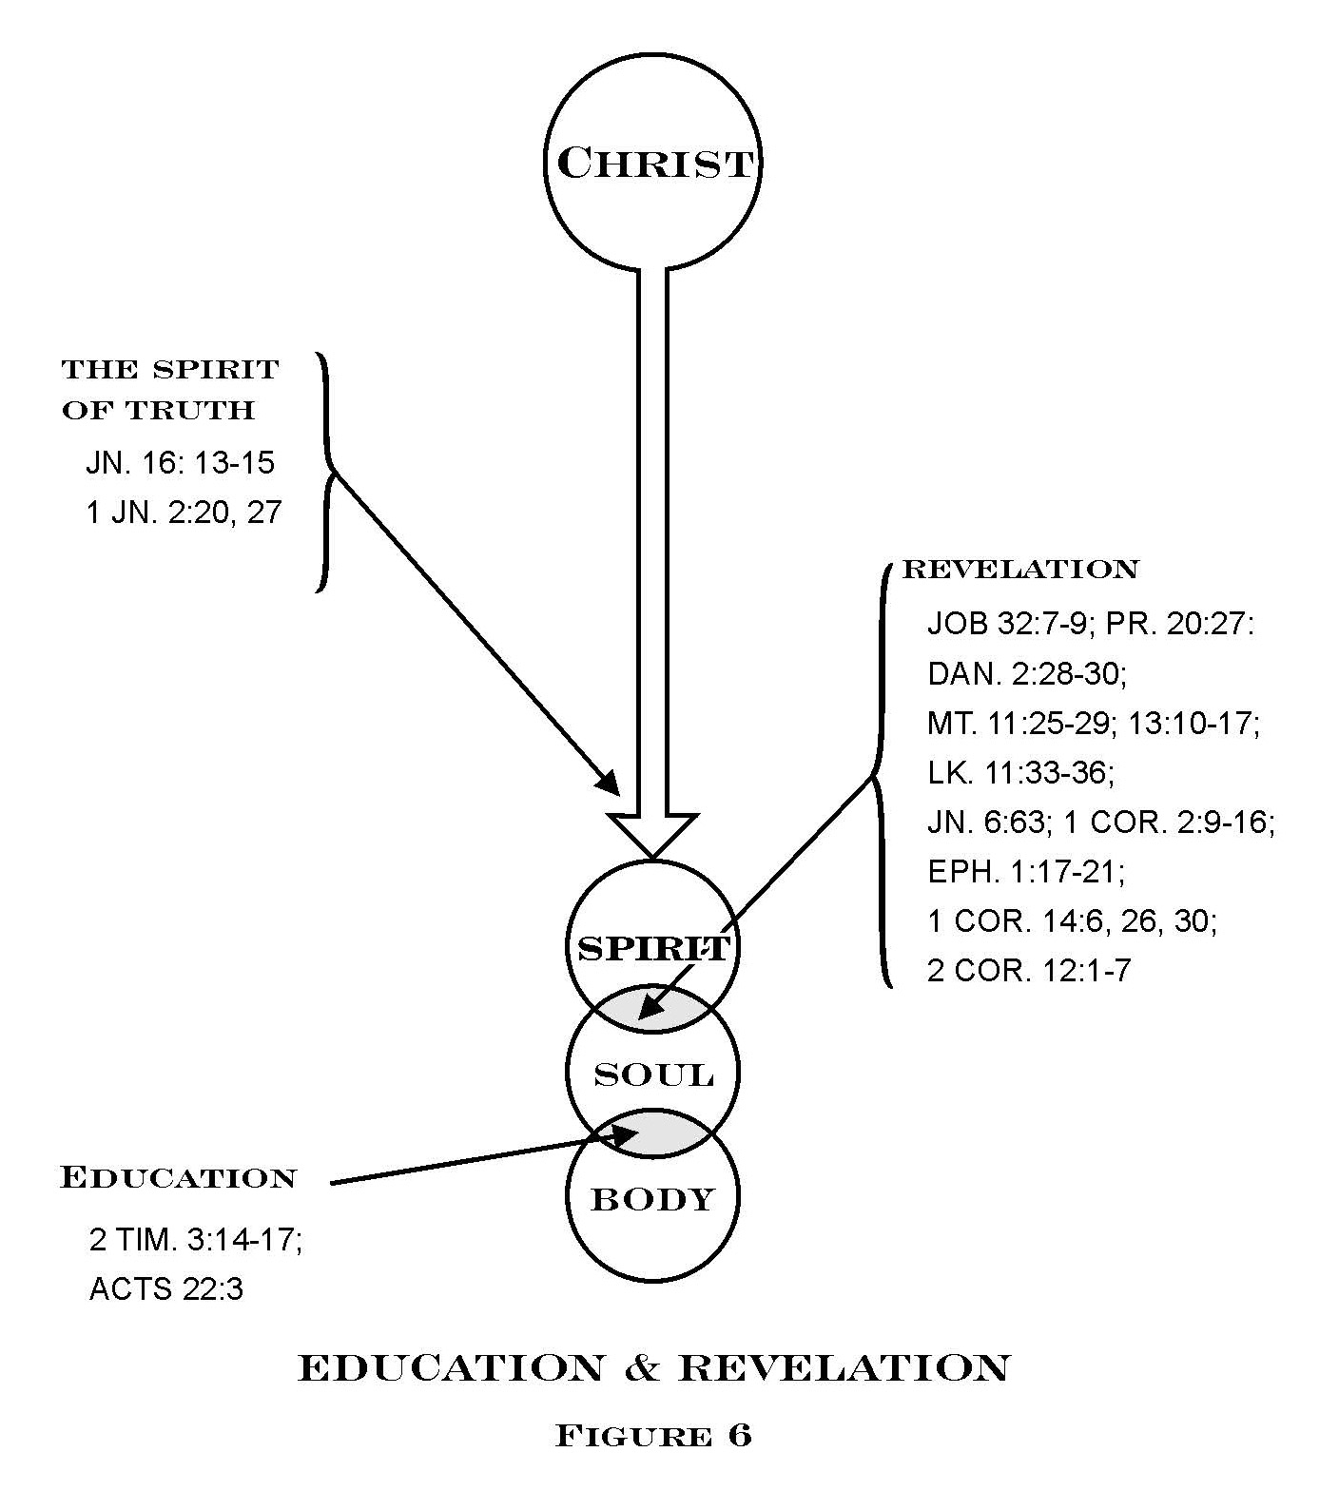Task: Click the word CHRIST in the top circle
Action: (x=655, y=163)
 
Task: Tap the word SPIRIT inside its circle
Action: (x=653, y=948)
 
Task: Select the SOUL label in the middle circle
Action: (x=653, y=1074)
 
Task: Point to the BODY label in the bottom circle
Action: (x=653, y=1199)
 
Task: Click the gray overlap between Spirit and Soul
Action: (x=653, y=1009)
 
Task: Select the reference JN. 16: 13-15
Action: (x=180, y=463)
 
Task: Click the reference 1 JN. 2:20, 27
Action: (x=184, y=513)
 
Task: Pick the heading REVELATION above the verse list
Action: (x=1019, y=570)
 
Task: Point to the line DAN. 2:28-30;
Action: (x=1027, y=674)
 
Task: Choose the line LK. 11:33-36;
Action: (x=1020, y=772)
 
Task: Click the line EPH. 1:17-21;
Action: (x=1027, y=871)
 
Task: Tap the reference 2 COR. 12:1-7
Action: (x=1029, y=971)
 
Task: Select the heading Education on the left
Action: (x=179, y=1177)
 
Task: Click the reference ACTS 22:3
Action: (x=166, y=1289)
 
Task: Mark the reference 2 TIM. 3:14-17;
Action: (x=196, y=1240)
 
